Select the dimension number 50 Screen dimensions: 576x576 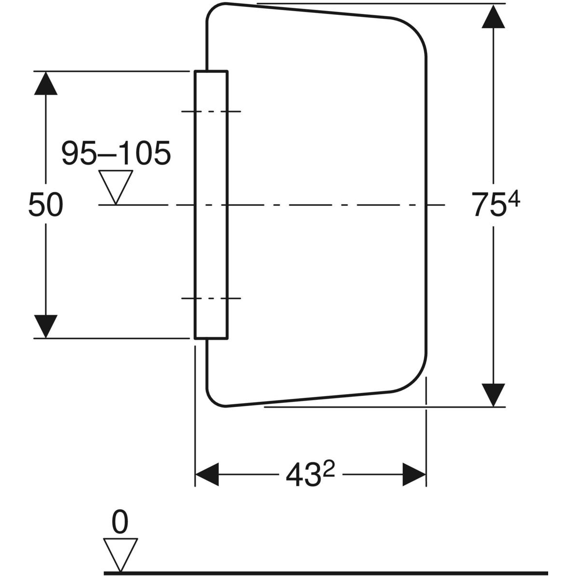click(x=46, y=204)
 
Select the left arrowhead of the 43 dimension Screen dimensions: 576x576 click(x=207, y=475)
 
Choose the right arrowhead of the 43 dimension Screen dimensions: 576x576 click(x=414, y=475)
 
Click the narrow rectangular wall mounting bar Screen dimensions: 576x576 click(x=211, y=240)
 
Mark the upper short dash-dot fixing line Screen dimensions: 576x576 click(x=211, y=111)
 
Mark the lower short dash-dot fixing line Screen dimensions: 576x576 click(x=211, y=298)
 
